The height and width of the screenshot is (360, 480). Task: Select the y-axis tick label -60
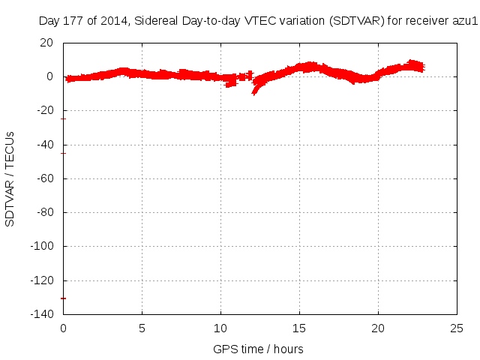tap(46, 178)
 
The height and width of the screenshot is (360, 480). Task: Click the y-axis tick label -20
tap(46, 110)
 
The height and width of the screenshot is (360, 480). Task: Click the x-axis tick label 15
tap(299, 328)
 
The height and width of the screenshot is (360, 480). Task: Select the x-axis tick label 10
tap(220, 328)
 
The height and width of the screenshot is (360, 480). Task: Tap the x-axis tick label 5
tap(142, 328)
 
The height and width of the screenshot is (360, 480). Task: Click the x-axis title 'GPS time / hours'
tap(258, 349)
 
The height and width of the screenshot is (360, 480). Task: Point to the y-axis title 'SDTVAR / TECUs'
tap(10, 178)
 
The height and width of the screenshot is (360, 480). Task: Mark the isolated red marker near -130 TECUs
tap(64, 298)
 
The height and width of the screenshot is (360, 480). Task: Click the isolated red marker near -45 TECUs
tap(64, 153)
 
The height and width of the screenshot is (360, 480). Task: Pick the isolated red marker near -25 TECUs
tap(64, 118)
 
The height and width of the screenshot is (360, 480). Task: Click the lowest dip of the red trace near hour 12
tap(254, 92)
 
